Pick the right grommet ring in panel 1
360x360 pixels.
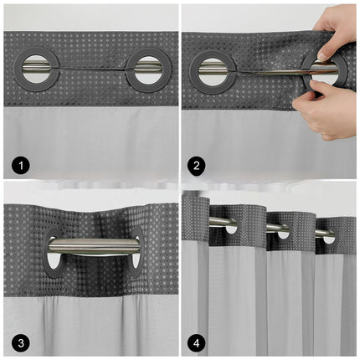pos(147,69)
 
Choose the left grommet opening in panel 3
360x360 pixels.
pos(53,260)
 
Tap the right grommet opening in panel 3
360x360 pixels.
pos(135,261)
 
